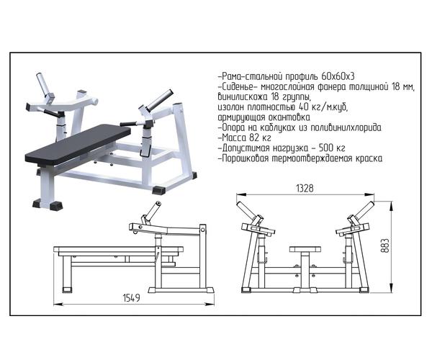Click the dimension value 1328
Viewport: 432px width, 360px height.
point(305,189)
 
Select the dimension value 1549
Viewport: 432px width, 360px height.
point(132,298)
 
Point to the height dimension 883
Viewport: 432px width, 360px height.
point(386,246)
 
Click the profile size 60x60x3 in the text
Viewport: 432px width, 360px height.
point(338,76)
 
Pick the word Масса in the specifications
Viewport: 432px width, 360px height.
point(233,138)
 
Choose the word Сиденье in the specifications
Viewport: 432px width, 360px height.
point(238,87)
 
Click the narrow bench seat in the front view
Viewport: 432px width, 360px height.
point(305,249)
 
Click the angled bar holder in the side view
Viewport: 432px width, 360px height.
point(150,212)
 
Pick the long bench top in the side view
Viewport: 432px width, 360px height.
point(119,250)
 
